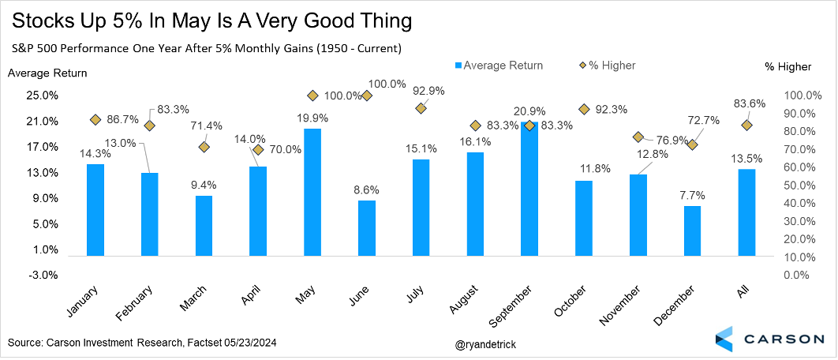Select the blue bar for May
coord(312,192)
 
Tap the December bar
coord(692,231)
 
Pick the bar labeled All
coord(746,212)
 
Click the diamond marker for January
coord(95,120)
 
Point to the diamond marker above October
coord(585,110)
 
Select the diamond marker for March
coord(204,147)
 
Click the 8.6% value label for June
coord(366,190)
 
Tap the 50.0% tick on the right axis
coord(799,186)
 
